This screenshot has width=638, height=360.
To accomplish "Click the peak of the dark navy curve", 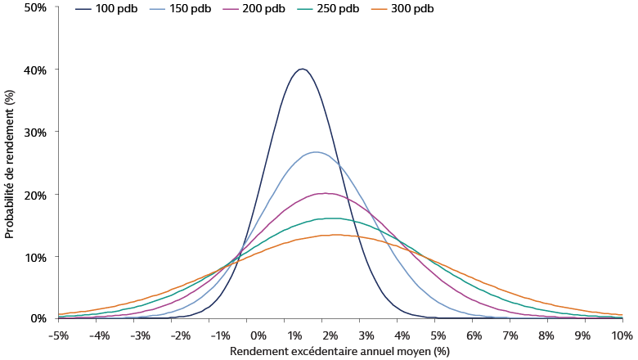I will point(302,69).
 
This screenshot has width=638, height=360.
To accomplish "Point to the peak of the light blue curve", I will point(316,152).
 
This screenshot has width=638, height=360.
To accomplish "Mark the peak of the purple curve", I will point(326,193).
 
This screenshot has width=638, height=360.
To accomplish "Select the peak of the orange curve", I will point(337,235).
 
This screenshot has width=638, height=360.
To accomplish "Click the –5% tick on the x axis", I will point(57,335).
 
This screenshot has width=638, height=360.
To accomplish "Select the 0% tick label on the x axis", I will point(258,335).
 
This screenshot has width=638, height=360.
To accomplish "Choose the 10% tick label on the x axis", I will point(622,335).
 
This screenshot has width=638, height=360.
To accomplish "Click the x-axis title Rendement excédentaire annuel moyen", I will point(340,351).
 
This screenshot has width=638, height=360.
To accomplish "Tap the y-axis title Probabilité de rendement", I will point(9,163).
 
